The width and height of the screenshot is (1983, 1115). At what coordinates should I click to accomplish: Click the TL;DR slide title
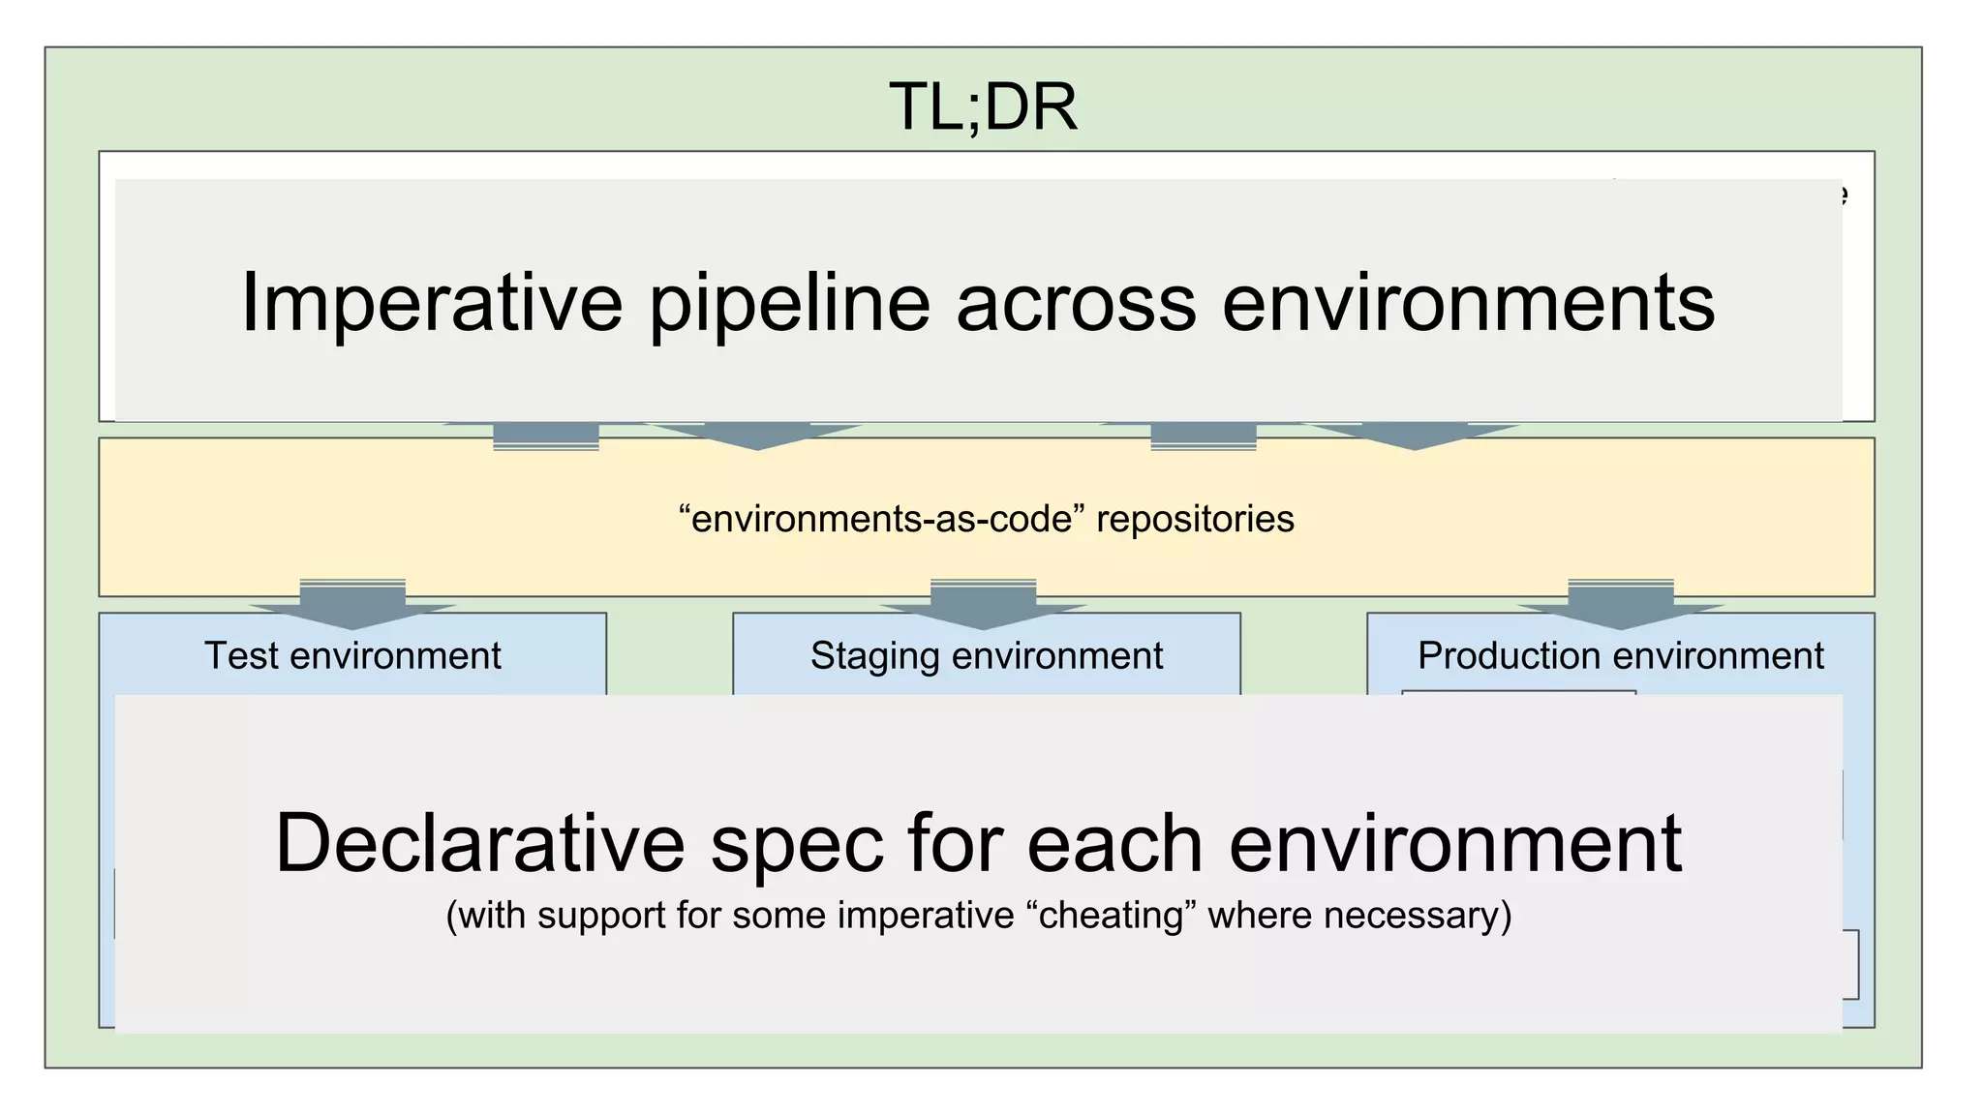tap(982, 106)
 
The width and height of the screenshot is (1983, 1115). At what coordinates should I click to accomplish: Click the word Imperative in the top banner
tap(431, 303)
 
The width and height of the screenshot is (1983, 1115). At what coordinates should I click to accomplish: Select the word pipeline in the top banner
tap(789, 303)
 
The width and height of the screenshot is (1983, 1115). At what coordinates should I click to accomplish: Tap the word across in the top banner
tap(1076, 303)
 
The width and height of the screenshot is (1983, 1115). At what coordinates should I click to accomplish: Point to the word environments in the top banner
tap(1468, 303)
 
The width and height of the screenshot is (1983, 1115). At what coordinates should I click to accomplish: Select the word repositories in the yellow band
tap(1195, 519)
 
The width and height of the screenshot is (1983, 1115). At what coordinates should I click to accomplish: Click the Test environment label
tap(352, 655)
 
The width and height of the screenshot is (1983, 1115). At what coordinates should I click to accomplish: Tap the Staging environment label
tap(986, 655)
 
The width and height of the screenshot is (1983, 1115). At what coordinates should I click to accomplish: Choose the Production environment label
tap(1620, 655)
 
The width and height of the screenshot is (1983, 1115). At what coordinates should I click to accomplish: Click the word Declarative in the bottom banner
tap(480, 843)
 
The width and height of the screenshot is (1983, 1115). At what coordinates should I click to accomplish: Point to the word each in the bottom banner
tap(1114, 843)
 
